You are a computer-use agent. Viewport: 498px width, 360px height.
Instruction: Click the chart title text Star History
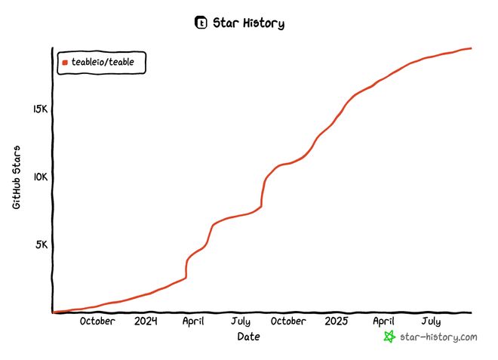coord(250,23)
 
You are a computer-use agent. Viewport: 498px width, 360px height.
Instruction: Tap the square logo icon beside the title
coord(201,23)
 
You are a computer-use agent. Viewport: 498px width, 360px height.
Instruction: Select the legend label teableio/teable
coord(103,62)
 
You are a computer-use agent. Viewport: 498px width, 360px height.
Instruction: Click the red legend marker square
coord(66,62)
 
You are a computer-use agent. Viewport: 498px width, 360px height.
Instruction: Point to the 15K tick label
coord(40,109)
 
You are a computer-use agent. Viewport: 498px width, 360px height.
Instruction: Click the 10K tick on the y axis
coord(40,177)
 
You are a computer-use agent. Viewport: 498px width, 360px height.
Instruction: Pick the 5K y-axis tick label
coord(42,245)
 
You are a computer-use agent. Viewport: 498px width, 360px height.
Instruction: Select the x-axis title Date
coord(248,337)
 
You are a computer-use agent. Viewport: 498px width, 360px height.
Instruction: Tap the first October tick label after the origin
coord(97,321)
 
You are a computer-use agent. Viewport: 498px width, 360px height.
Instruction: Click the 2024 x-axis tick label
coord(146,321)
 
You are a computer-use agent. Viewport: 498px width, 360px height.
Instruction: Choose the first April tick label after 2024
coord(194,321)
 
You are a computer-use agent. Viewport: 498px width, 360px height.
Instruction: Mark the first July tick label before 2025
coord(241,321)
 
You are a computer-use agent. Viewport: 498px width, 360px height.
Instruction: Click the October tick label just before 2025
coord(288,321)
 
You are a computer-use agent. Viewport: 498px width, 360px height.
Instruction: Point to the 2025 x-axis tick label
coord(337,321)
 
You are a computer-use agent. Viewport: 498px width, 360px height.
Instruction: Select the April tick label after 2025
coord(384,321)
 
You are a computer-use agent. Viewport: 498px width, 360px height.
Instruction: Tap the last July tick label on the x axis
coord(432,321)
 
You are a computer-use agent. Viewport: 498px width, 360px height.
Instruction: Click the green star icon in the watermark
coord(389,337)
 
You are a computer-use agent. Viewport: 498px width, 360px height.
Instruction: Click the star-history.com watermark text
coord(438,337)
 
